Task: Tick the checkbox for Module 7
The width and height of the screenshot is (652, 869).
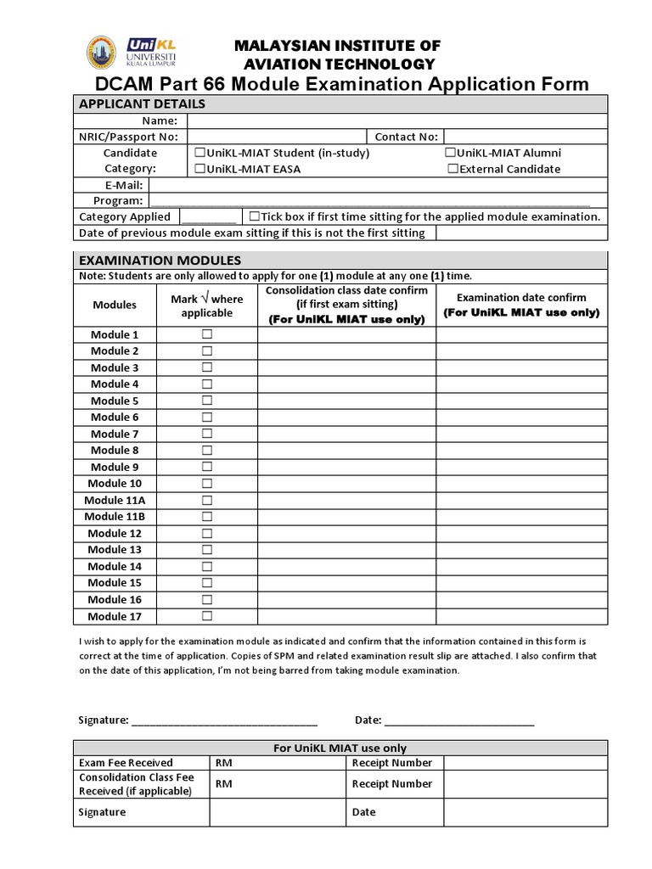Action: coord(206,434)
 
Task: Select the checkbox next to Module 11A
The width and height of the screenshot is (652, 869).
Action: coord(206,500)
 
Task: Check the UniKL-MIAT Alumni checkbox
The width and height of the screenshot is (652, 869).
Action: coord(450,153)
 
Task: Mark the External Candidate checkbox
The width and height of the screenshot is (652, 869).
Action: coord(453,169)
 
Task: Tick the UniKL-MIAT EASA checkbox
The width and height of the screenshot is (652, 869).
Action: coord(200,169)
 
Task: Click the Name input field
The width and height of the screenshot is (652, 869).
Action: coord(396,121)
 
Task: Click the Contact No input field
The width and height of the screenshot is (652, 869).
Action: coord(525,137)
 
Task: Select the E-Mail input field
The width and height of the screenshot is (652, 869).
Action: coord(378,185)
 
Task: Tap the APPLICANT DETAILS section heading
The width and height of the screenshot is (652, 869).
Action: coord(142,104)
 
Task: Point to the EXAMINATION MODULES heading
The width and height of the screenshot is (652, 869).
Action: coord(160,260)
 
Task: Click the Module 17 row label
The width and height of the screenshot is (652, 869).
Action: coord(115,616)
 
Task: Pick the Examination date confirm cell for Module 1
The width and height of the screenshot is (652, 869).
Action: coord(521,334)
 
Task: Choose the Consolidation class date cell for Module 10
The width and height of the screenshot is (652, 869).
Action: coord(346,484)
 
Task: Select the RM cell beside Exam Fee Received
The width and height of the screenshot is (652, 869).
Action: coord(278,762)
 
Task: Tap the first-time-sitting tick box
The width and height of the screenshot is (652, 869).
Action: coord(254,216)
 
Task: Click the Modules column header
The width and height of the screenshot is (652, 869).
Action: coord(115,305)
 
